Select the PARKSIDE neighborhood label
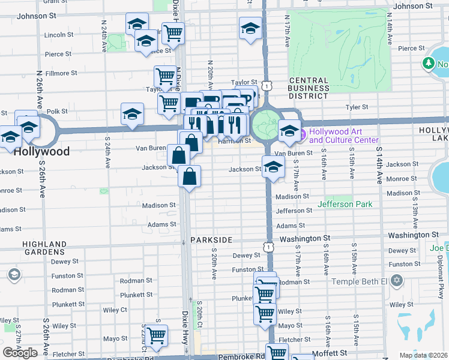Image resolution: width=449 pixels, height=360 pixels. [x=211, y=240]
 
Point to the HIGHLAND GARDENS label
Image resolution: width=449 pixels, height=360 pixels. [x=44, y=248]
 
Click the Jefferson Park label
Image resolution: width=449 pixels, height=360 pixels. [x=345, y=205]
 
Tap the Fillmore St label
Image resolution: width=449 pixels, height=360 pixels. [x=61, y=73]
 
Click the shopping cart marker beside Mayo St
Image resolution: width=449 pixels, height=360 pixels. [x=156, y=336]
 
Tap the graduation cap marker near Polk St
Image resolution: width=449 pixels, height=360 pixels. [x=132, y=115]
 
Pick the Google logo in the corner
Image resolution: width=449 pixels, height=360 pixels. [x=20, y=353]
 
